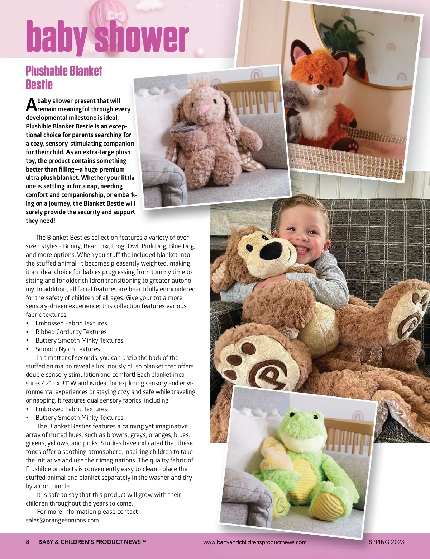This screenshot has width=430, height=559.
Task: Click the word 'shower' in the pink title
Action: tap(142, 37)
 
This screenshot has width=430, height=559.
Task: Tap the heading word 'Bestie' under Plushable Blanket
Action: tap(39, 85)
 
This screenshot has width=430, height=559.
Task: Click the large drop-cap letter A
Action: tap(31, 105)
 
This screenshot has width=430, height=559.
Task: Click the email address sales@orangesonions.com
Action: tap(63, 520)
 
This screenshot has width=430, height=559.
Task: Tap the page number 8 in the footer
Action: tap(28, 542)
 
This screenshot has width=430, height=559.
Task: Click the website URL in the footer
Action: tap(255, 542)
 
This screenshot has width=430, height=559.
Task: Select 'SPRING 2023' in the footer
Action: tap(386, 542)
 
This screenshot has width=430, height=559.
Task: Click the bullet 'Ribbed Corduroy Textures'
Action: tap(71, 332)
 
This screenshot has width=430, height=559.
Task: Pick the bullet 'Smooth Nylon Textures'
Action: tap(67, 349)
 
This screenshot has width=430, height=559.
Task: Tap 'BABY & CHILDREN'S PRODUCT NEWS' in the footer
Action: tap(92, 542)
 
